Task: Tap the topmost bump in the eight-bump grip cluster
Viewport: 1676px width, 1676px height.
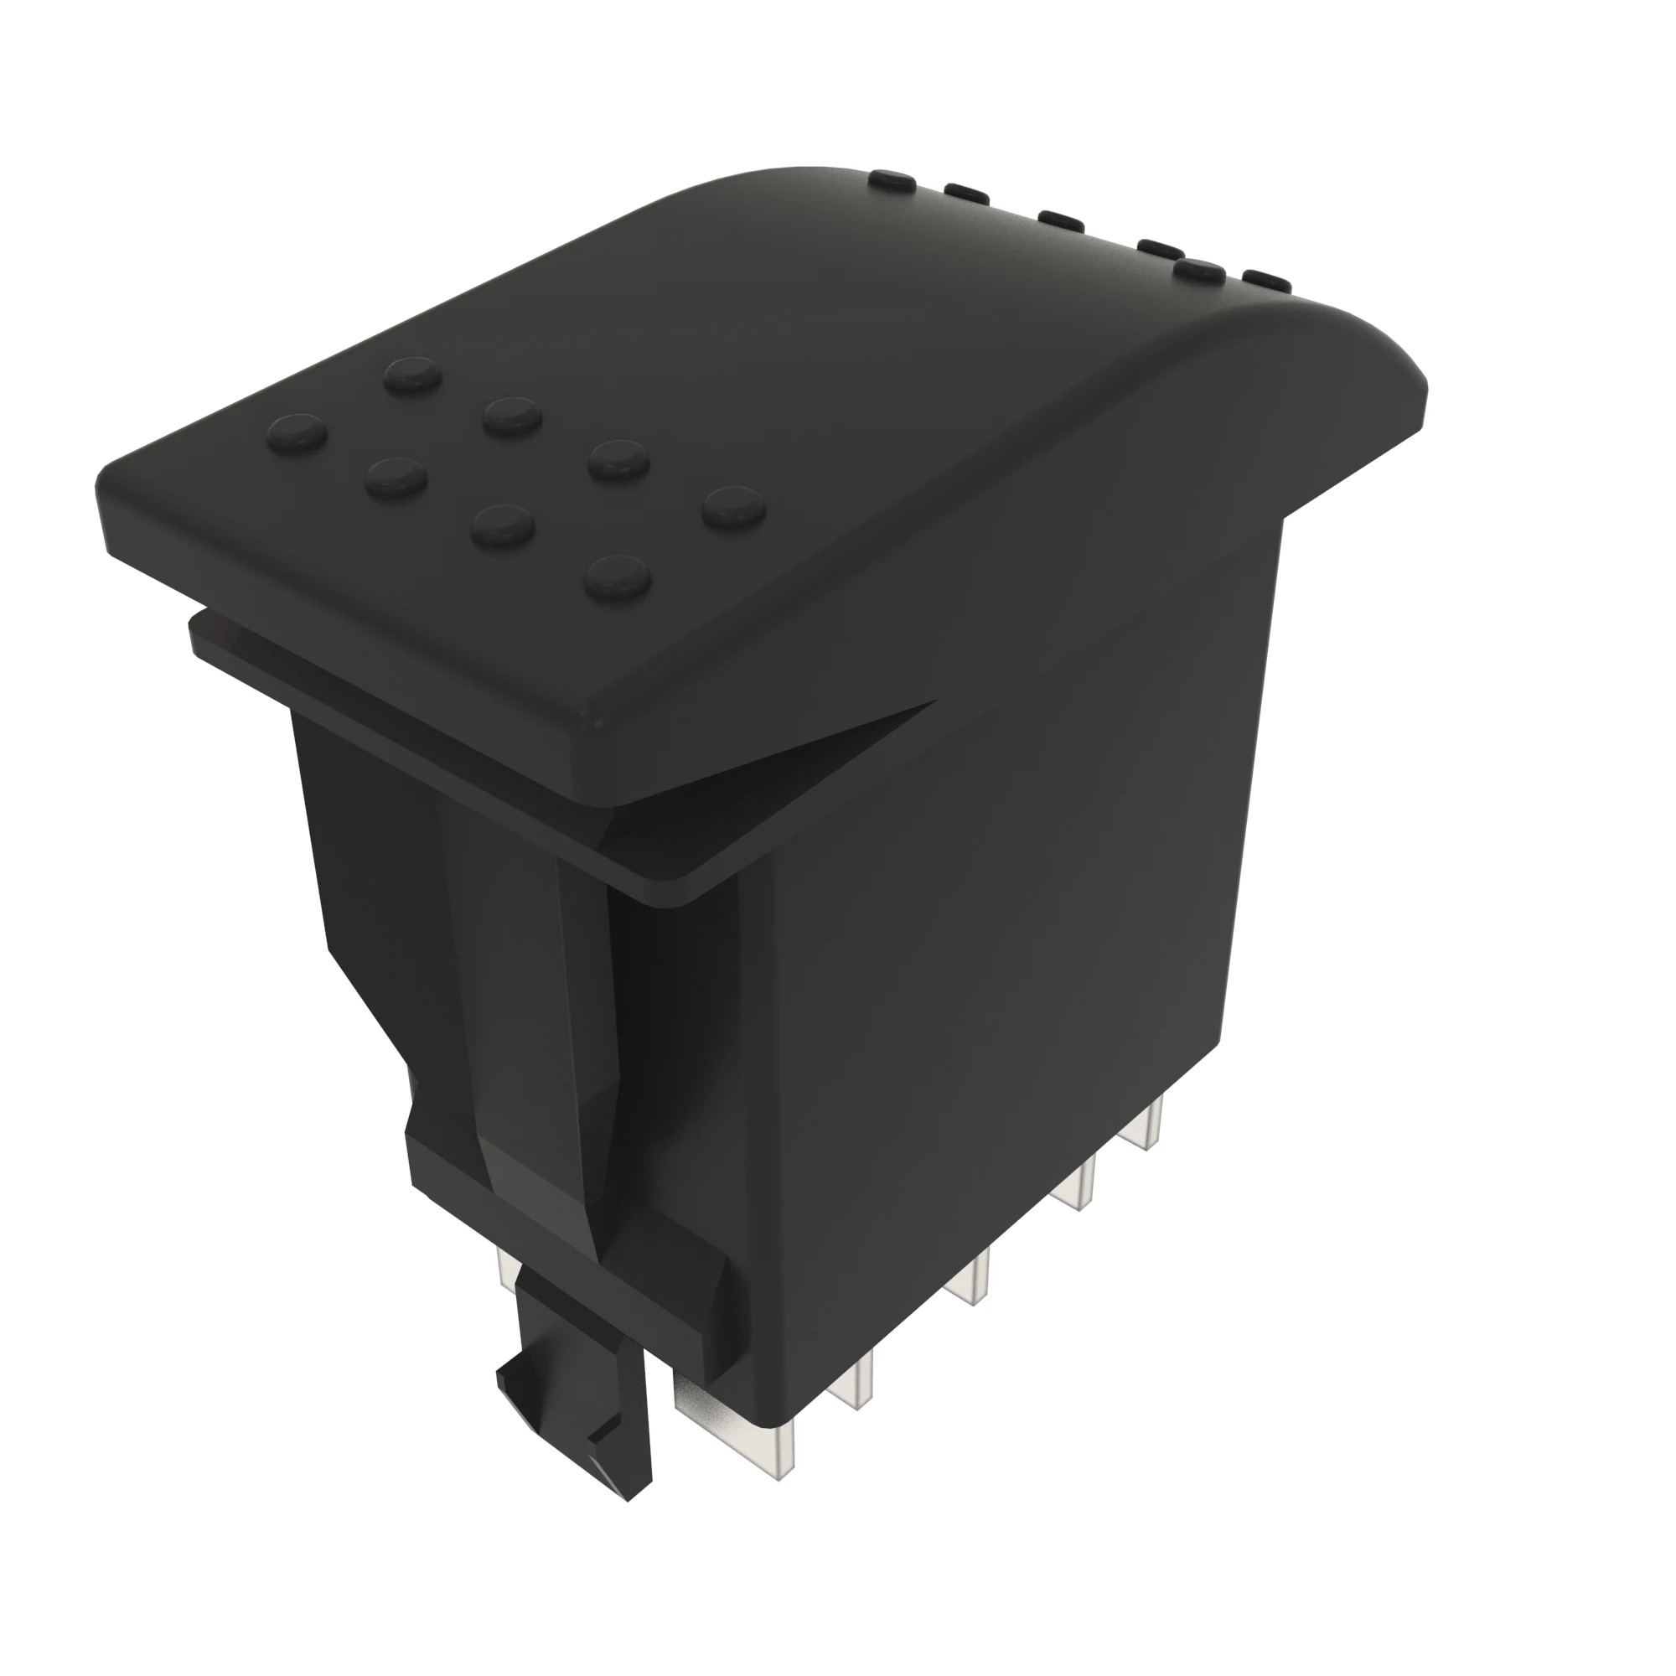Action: [x=414, y=375]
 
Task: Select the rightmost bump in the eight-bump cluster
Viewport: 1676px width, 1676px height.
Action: [x=734, y=508]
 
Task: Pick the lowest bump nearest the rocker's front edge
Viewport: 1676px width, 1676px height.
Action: [x=618, y=577]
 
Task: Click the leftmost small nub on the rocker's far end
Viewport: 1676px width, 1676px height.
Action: [x=894, y=179]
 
